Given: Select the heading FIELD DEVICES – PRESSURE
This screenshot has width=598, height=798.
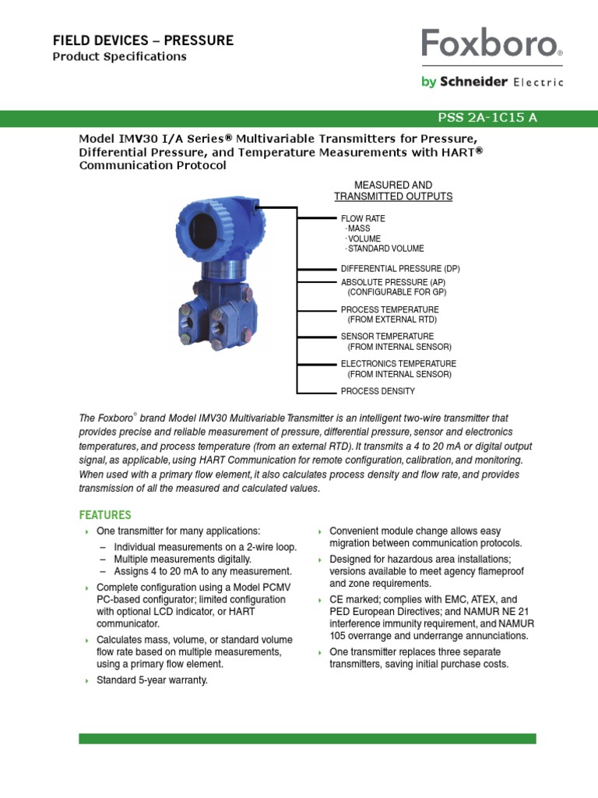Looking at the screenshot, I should (x=142, y=40).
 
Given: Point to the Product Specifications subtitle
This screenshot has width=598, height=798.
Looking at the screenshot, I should (x=119, y=57).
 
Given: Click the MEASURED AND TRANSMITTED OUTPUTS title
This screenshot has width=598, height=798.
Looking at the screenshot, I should (x=393, y=191).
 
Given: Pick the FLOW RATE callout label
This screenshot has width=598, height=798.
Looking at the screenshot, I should (x=363, y=218).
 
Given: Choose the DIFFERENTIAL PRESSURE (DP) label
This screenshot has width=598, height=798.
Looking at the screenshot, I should (x=400, y=268).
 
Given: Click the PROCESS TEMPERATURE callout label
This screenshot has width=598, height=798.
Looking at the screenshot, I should (x=389, y=309).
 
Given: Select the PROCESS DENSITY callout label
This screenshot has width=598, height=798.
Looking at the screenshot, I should (x=378, y=391).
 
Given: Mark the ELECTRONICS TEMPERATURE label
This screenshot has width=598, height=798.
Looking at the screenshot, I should (x=398, y=364).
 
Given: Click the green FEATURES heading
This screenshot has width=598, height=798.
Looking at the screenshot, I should (x=105, y=515).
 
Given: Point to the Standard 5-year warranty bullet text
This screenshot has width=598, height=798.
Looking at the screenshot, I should (x=152, y=680).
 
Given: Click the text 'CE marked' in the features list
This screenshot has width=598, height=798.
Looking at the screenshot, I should (x=354, y=599).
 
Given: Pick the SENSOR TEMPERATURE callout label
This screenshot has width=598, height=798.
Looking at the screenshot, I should (x=389, y=337).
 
